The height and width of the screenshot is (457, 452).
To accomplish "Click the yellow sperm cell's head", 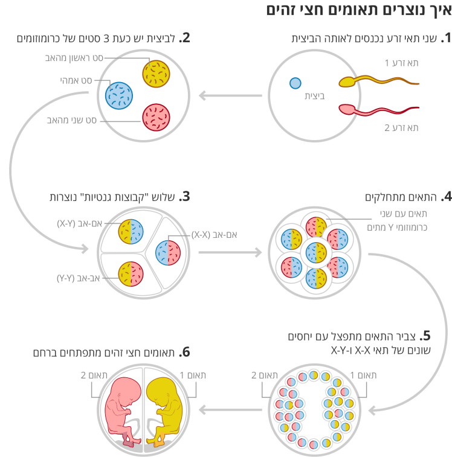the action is coord(347,82).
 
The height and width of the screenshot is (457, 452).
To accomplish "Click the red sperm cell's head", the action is coord(347,110).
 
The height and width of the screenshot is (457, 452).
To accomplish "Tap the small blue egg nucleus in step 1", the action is coord(295,83).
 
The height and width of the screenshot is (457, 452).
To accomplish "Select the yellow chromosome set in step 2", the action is coord(156,74).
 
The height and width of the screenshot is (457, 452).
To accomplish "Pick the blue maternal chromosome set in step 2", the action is coord(119,95).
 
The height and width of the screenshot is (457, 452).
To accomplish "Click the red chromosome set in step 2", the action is coord(156,118).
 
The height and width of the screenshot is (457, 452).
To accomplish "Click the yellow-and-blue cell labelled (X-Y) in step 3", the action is coord(131,231).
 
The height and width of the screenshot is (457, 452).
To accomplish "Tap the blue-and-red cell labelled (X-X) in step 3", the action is coord(168,253).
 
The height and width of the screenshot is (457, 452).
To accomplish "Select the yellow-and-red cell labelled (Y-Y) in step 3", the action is coord(131,274).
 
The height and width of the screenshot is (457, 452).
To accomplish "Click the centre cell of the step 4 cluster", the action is coord(316,252).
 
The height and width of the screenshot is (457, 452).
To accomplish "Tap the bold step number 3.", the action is coord(184,196).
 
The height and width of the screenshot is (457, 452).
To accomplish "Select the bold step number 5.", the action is coord(425,336).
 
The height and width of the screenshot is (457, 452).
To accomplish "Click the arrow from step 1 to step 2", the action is coord(230,95).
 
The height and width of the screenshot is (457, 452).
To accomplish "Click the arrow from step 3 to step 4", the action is coord(230,252).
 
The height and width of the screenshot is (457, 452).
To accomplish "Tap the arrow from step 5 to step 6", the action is coord(230,410).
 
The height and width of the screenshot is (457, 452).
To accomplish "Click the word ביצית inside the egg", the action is coord(315,96).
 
